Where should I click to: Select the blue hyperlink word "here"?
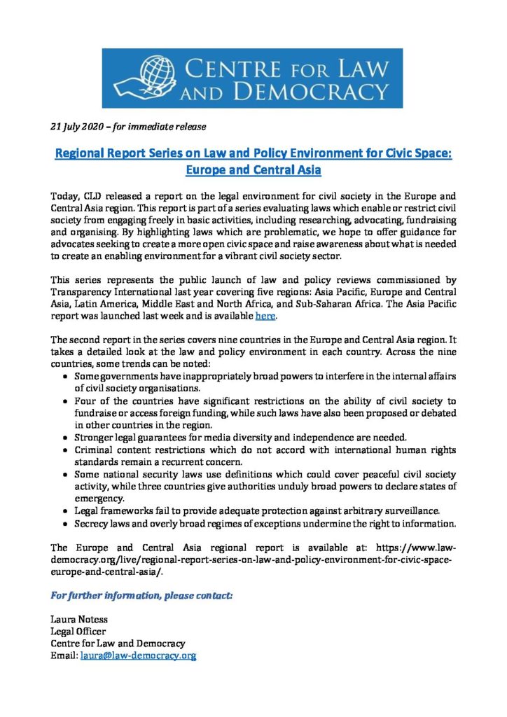tap(265, 316)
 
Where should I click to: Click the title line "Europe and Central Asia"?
tap(253, 169)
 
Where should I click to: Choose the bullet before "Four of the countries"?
tap(65, 401)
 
